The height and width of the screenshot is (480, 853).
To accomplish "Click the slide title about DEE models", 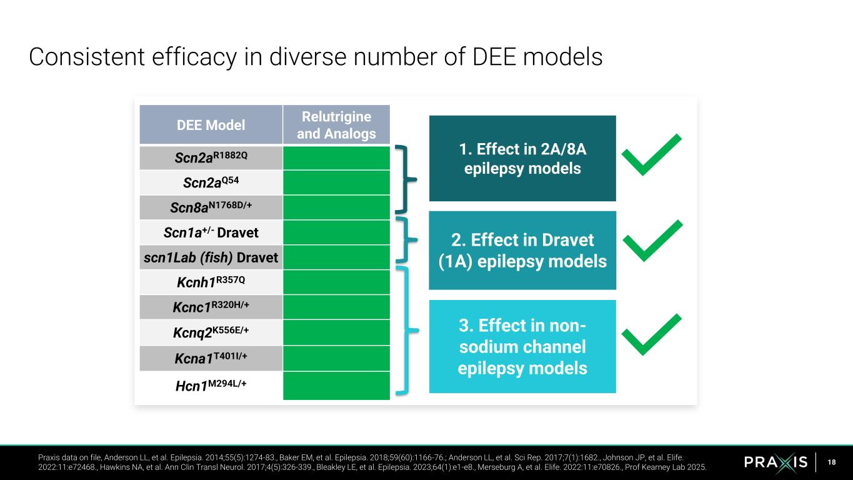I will click(x=316, y=57).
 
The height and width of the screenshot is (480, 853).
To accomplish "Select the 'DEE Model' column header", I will click(x=211, y=125).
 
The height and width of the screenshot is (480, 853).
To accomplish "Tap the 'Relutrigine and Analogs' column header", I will click(x=336, y=125).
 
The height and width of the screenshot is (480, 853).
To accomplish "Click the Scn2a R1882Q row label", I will click(x=211, y=157).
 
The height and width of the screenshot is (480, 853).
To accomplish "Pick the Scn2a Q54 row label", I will click(x=211, y=182).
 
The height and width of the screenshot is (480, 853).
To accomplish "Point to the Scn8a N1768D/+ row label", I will click(x=211, y=207).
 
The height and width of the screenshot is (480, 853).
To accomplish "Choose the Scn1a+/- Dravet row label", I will click(x=211, y=232).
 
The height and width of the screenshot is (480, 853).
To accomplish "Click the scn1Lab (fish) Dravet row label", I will click(x=211, y=257).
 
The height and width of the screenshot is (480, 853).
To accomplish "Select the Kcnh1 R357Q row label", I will click(x=211, y=282).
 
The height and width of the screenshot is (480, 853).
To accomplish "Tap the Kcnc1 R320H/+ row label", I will click(x=211, y=307).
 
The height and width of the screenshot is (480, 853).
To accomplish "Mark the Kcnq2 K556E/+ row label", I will click(x=211, y=332).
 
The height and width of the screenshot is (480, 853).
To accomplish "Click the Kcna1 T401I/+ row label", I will click(x=211, y=358).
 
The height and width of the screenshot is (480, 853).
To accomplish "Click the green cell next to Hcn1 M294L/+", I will click(x=336, y=386).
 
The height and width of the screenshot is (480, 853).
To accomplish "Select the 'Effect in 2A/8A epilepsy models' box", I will click(x=522, y=158).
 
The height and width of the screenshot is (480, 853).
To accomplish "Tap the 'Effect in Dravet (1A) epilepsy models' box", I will click(x=522, y=250).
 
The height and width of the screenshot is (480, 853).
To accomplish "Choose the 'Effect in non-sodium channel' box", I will click(x=522, y=346).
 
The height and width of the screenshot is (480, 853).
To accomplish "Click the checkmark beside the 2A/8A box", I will click(x=652, y=155).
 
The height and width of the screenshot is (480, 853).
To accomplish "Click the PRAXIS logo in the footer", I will click(x=776, y=462).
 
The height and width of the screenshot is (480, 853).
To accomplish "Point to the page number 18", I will click(x=831, y=462).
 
